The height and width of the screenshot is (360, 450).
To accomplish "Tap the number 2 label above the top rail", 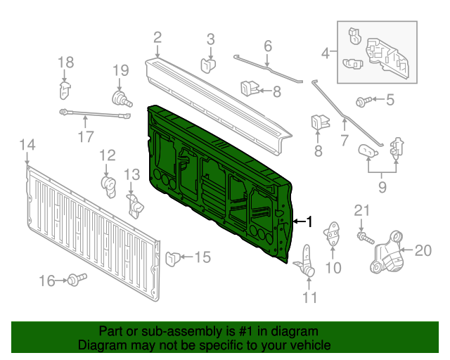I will click(157, 38).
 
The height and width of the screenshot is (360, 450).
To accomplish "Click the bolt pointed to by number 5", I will click(363, 102).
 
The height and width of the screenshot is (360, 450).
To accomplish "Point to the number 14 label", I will click(26, 146).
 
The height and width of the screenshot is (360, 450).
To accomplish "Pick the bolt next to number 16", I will click(73, 281).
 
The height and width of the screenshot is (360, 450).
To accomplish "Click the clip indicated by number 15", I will click(172, 258).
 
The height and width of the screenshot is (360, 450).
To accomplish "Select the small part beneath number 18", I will click(64, 90).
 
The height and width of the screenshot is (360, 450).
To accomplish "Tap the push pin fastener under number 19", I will click(121, 98).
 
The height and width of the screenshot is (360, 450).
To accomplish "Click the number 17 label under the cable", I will click(85, 137).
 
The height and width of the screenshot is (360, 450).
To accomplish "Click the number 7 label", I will click(345, 140).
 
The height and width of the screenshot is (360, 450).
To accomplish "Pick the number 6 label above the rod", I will click(267, 47).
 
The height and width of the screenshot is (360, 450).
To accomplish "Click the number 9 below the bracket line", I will click(381, 188).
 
